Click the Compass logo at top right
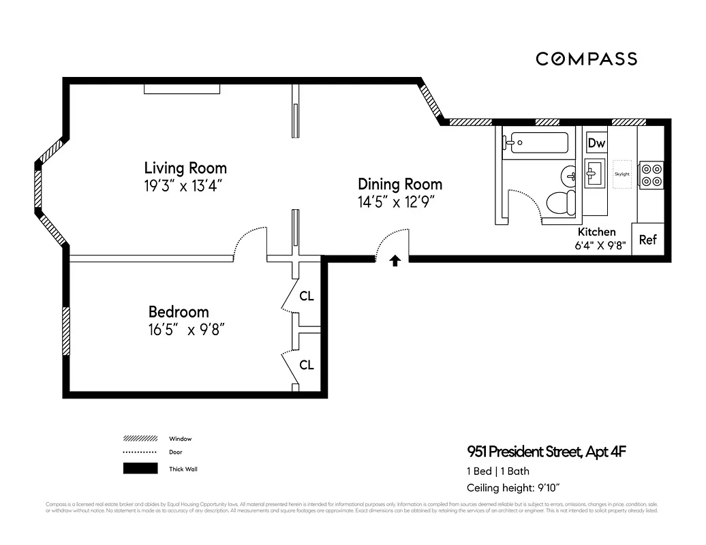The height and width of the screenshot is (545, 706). [x=586, y=59]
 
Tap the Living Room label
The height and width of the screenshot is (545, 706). [x=185, y=168]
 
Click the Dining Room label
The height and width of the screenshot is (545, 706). [x=400, y=184]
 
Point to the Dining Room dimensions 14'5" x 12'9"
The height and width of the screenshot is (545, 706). [x=396, y=202]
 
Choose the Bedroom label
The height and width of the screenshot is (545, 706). [x=179, y=312]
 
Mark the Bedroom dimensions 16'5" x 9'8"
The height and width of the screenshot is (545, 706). [x=187, y=330]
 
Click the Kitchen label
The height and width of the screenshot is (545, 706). [x=596, y=232]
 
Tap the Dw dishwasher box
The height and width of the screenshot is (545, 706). [x=596, y=143]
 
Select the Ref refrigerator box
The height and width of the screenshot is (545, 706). [x=647, y=240]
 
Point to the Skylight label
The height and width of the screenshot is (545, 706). [x=622, y=174]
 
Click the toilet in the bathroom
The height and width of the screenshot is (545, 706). [x=561, y=202]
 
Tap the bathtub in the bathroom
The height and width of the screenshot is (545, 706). [x=536, y=143]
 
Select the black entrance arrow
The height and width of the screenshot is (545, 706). [x=395, y=260]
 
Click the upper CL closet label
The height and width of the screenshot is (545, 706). [x=307, y=296]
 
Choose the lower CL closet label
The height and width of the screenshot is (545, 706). [x=307, y=365]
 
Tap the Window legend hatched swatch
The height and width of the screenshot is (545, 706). [x=140, y=439]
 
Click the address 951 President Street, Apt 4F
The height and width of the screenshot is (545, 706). [x=546, y=451]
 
